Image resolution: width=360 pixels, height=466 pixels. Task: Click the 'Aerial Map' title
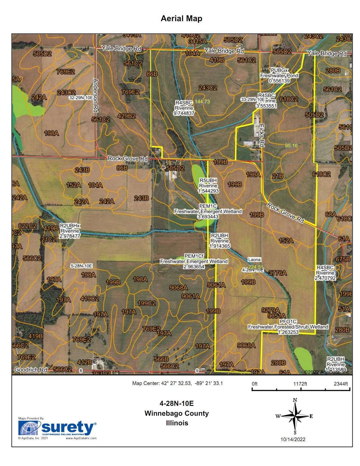pyautogui.click(x=181, y=19)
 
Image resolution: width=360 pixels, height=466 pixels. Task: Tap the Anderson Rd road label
pyautogui.click(x=95, y=96)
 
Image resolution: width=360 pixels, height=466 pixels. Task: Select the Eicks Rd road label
pyautogui.click(x=261, y=136)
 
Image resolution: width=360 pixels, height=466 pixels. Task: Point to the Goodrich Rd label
pyautogui.click(x=30, y=370)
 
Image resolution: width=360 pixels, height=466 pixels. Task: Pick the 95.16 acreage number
pyautogui.click(x=291, y=146)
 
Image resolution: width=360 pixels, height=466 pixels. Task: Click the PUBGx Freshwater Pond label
pyautogui.click(x=279, y=75)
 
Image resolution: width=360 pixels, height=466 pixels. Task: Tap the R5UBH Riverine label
pyautogui.click(x=208, y=186)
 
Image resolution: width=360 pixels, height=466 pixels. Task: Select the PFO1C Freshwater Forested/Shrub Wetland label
pyautogui.click(x=288, y=327)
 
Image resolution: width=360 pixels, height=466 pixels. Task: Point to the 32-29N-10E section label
pyautogui.click(x=81, y=98)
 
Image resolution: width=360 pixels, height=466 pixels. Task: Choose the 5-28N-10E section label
pyautogui.click(x=81, y=266)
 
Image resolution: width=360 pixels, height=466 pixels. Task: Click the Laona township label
pyautogui.click(x=254, y=260)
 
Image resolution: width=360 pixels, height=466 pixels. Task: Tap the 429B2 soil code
pyautogui.click(x=127, y=116)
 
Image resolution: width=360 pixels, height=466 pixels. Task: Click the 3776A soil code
pyautogui.click(x=278, y=273)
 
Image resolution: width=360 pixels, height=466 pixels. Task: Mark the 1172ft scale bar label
pyautogui.click(x=300, y=384)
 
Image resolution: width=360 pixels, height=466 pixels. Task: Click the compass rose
pyautogui.click(x=295, y=416)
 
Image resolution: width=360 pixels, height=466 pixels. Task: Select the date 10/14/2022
pyautogui.click(x=293, y=439)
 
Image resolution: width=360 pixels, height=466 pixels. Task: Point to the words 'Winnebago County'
pyautogui.click(x=176, y=413)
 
